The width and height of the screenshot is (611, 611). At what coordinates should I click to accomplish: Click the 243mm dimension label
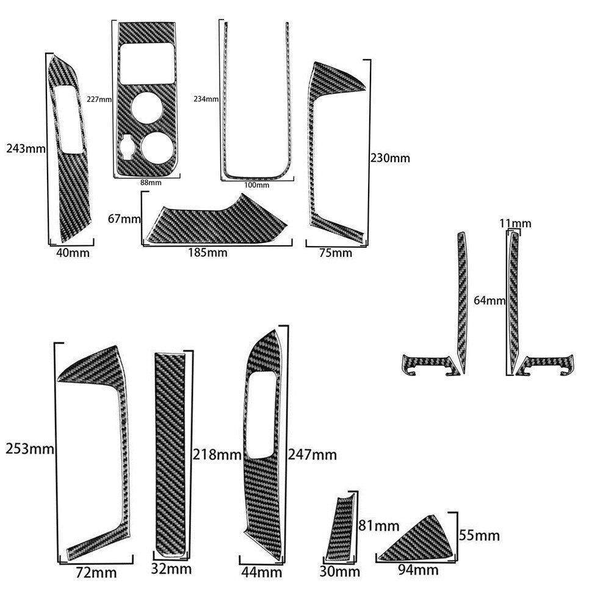pos(26,148)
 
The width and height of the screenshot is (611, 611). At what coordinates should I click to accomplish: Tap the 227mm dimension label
pos(99,99)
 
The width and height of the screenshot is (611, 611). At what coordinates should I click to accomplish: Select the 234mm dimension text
pos(206,99)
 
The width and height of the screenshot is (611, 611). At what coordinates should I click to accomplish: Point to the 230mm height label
pos(390,158)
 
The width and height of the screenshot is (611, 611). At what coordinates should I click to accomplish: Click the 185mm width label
pos(208,253)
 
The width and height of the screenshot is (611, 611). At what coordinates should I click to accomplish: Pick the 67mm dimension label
pos(125,219)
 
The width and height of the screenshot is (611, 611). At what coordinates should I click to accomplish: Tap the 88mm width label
pos(151,183)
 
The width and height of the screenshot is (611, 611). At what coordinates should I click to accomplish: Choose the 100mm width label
pos(257,185)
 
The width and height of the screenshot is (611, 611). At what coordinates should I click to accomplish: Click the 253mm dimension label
pos(30,449)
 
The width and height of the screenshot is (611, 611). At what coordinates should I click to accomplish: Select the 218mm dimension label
pos(217,454)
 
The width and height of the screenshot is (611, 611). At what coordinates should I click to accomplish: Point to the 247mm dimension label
pos(312,455)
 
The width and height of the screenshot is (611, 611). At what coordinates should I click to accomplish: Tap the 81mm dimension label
pos(379,526)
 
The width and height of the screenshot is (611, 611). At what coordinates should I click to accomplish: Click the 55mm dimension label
pos(479,535)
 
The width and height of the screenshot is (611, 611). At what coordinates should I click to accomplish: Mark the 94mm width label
pos(418,570)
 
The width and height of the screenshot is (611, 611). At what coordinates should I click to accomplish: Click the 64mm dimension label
pos(490,300)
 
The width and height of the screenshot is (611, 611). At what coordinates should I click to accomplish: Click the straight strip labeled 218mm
pos(170,454)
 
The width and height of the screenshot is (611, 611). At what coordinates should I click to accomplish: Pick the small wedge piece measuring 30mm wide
pos(341,527)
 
